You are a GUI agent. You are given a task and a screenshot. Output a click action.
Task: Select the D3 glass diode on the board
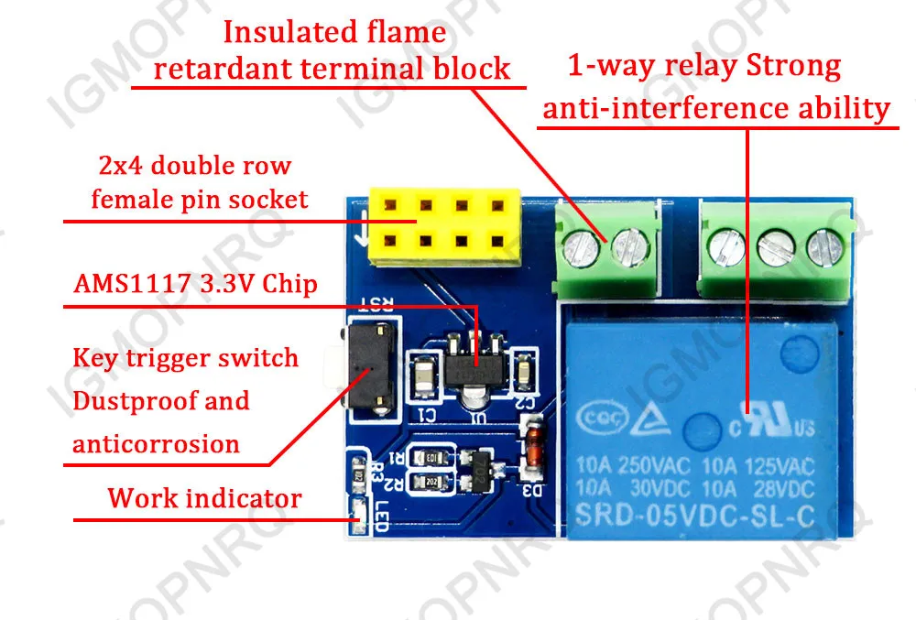tap(529, 449)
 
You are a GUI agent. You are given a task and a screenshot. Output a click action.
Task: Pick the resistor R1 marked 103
tap(430, 457)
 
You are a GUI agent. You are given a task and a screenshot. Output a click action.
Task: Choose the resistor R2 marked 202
tap(430, 482)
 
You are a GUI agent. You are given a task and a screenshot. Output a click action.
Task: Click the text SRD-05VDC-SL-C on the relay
tap(693, 516)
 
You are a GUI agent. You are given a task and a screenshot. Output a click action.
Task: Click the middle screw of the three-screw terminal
tap(774, 243)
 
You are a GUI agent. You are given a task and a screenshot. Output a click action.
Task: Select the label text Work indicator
tap(204, 498)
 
